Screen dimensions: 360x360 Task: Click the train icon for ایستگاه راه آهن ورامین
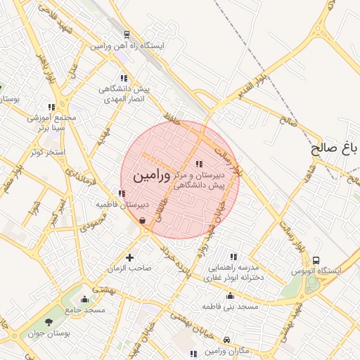click(x=126, y=34)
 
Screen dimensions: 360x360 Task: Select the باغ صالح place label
click(x=335, y=149)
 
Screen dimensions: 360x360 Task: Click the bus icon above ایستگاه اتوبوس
click(x=316, y=260)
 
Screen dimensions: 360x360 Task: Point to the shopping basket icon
click(x=143, y=221)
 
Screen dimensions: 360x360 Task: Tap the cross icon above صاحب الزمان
click(x=129, y=257)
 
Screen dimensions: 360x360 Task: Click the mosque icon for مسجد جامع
click(x=85, y=299)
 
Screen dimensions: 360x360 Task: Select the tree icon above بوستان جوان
click(x=49, y=322)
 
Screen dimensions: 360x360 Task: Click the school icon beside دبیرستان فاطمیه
click(x=122, y=193)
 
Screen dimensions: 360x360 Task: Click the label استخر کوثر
click(x=49, y=152)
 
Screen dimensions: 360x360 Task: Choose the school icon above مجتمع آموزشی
click(x=52, y=107)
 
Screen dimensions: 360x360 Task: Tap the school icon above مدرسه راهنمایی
click(x=233, y=257)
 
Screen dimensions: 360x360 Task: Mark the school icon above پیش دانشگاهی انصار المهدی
click(x=124, y=78)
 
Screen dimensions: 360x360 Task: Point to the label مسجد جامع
click(x=85, y=309)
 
